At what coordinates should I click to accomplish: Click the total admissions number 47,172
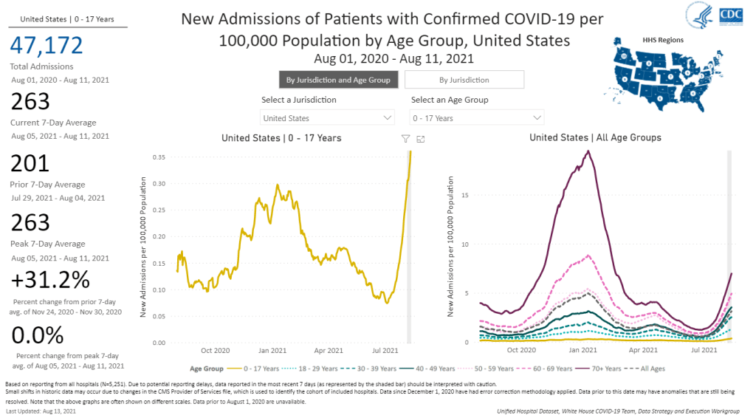(46, 46)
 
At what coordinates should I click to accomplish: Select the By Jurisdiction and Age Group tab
(339, 80)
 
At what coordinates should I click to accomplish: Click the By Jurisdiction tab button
(464, 80)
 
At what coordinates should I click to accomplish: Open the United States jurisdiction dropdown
(328, 118)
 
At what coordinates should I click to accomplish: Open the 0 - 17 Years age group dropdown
(477, 118)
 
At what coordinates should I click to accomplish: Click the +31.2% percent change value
(51, 281)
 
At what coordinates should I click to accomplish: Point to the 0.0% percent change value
(38, 337)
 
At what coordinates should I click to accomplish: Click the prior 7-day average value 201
(30, 163)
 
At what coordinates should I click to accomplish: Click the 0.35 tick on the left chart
(157, 157)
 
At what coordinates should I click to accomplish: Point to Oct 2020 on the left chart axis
(216, 350)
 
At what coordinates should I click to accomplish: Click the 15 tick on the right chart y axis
(464, 195)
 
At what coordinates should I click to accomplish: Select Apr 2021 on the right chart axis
(644, 350)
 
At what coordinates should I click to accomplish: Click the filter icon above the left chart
(405, 138)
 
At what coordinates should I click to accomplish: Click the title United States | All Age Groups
(595, 138)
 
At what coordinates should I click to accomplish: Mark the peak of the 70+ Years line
(588, 151)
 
